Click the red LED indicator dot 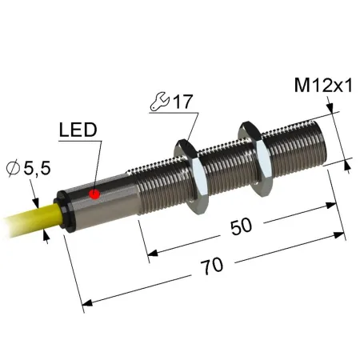pyautogui.click(x=94, y=194)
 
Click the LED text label pyautogui.click(x=78, y=130)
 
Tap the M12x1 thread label pyautogui.click(x=323, y=86)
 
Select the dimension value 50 pyautogui.click(x=241, y=226)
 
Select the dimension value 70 pyautogui.click(x=211, y=266)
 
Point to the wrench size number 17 pyautogui.click(x=182, y=102)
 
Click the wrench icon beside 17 pyautogui.click(x=160, y=102)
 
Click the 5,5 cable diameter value pyautogui.click(x=37, y=168)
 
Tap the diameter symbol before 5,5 pyautogui.click(x=13, y=168)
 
